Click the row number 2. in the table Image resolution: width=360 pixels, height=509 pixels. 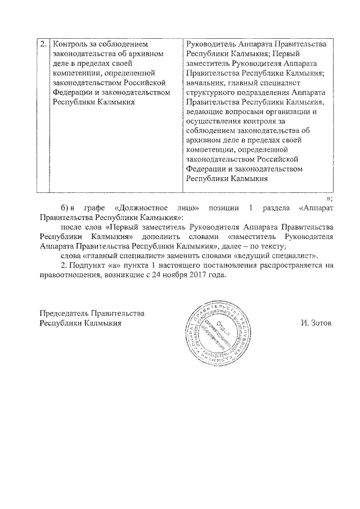click(43, 44)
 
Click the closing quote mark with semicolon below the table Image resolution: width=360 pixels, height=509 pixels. click(330, 198)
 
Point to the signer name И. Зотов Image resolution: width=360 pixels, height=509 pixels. click(315, 323)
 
